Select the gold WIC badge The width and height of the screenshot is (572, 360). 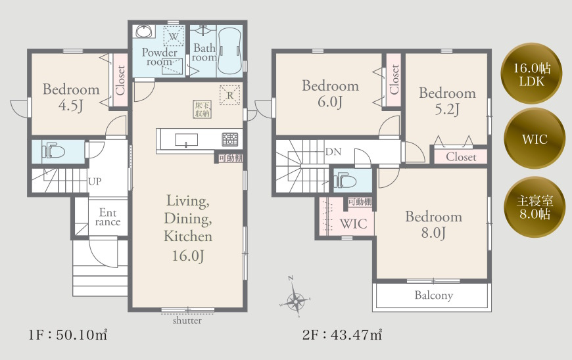535,139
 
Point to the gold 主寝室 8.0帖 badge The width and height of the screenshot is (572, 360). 535,207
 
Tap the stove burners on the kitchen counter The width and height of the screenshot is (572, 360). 230,139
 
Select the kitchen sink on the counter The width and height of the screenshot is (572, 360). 187,140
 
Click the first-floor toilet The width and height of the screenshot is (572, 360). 53,152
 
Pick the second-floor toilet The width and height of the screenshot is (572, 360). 345,180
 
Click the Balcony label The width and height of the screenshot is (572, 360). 434,295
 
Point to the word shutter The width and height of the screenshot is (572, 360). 187,321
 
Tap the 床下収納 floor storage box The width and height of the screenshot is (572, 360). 202,109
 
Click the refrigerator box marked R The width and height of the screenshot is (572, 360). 230,95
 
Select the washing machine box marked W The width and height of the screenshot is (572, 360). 174,36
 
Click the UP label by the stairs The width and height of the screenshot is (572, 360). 95,181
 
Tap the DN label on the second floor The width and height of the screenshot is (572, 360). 333,152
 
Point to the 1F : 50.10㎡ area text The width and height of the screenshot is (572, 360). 68,335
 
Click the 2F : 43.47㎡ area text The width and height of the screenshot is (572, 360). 342,334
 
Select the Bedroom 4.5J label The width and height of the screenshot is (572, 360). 71,97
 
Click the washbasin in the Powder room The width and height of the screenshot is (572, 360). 145,31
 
